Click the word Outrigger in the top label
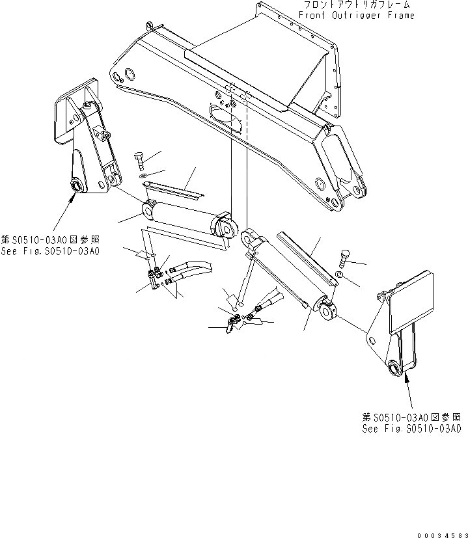click(x=358, y=15)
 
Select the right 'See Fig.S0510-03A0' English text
click(x=411, y=429)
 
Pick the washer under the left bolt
click(x=144, y=176)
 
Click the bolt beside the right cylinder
click(x=345, y=256)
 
